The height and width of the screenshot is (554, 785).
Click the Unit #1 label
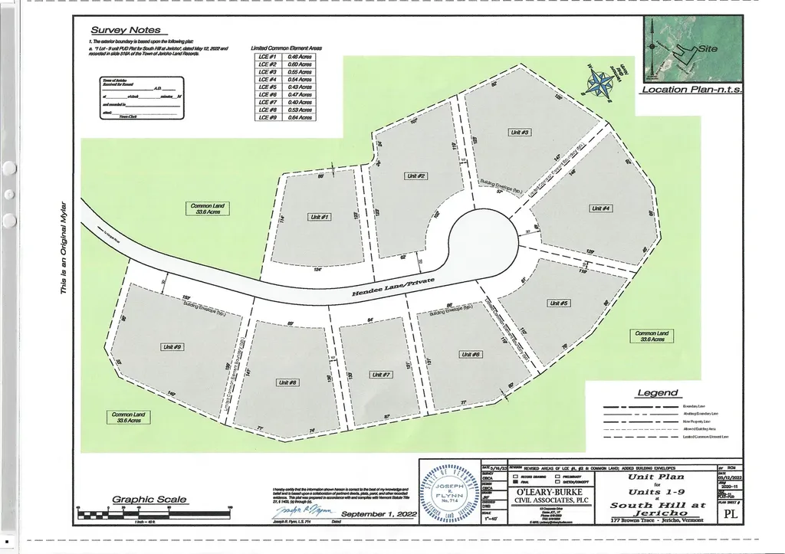[x=320, y=218]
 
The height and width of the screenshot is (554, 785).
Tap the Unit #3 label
[x=521, y=133]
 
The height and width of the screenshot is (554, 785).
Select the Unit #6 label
[x=471, y=354]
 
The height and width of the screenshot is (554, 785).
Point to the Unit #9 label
[x=172, y=347]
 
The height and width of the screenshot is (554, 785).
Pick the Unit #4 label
[x=600, y=208]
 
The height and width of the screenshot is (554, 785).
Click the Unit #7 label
[x=382, y=374]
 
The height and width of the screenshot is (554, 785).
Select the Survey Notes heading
[x=126, y=30]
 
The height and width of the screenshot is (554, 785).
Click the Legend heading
[x=658, y=393]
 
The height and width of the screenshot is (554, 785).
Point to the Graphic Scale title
[x=149, y=500]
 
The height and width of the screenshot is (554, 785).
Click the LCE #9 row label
[x=268, y=117]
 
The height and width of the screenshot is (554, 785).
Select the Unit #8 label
[x=288, y=382]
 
